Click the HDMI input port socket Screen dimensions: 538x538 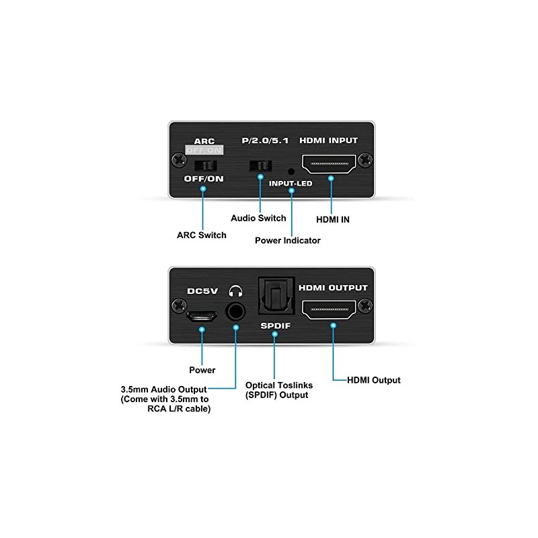[x=330, y=163]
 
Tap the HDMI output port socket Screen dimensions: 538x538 [x=330, y=310]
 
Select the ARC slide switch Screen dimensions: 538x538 [x=204, y=165]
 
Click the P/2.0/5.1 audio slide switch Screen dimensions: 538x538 [x=260, y=165]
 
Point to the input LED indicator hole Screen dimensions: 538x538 [x=291, y=171]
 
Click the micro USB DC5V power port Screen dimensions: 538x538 [x=202, y=315]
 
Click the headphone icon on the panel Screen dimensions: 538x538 [x=235, y=291]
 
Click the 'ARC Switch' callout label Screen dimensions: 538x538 [x=202, y=235]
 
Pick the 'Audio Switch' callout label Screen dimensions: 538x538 [x=258, y=218]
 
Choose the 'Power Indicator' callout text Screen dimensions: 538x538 [x=288, y=240]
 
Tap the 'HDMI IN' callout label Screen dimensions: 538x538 [x=332, y=219]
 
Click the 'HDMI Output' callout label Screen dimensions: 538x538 [x=373, y=380]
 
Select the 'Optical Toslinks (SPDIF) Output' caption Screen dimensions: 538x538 [x=277, y=390]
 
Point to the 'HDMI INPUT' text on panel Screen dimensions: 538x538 [x=329, y=141]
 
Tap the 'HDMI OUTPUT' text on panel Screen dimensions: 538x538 [x=333, y=288]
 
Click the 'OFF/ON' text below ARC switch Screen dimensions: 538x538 [x=204, y=179]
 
